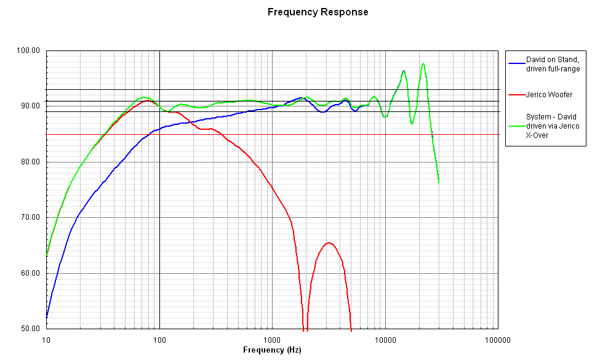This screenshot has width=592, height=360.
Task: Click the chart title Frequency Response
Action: (x=318, y=12)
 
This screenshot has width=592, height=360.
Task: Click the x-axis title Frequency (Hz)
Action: (x=272, y=350)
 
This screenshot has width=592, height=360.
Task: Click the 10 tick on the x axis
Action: (x=46, y=338)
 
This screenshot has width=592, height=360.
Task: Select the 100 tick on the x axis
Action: (x=159, y=338)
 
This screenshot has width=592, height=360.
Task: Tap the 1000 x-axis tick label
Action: (x=272, y=338)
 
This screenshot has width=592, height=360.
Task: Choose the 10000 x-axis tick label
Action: (x=385, y=338)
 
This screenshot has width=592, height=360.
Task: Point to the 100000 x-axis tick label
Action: (x=497, y=338)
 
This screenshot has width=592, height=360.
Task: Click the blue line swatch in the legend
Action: (x=516, y=64)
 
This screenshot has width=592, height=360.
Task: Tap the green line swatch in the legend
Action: (x=516, y=125)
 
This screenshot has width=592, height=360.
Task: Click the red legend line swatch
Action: (x=516, y=94)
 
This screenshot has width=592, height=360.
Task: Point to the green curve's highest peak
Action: (x=423, y=63)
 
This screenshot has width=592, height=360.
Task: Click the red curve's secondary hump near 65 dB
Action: (x=329, y=243)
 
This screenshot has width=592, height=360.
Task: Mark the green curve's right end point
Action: (x=439, y=182)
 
